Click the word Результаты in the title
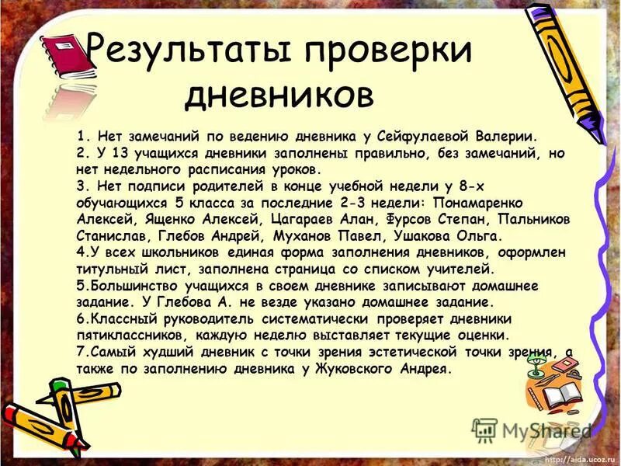click(187, 50)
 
